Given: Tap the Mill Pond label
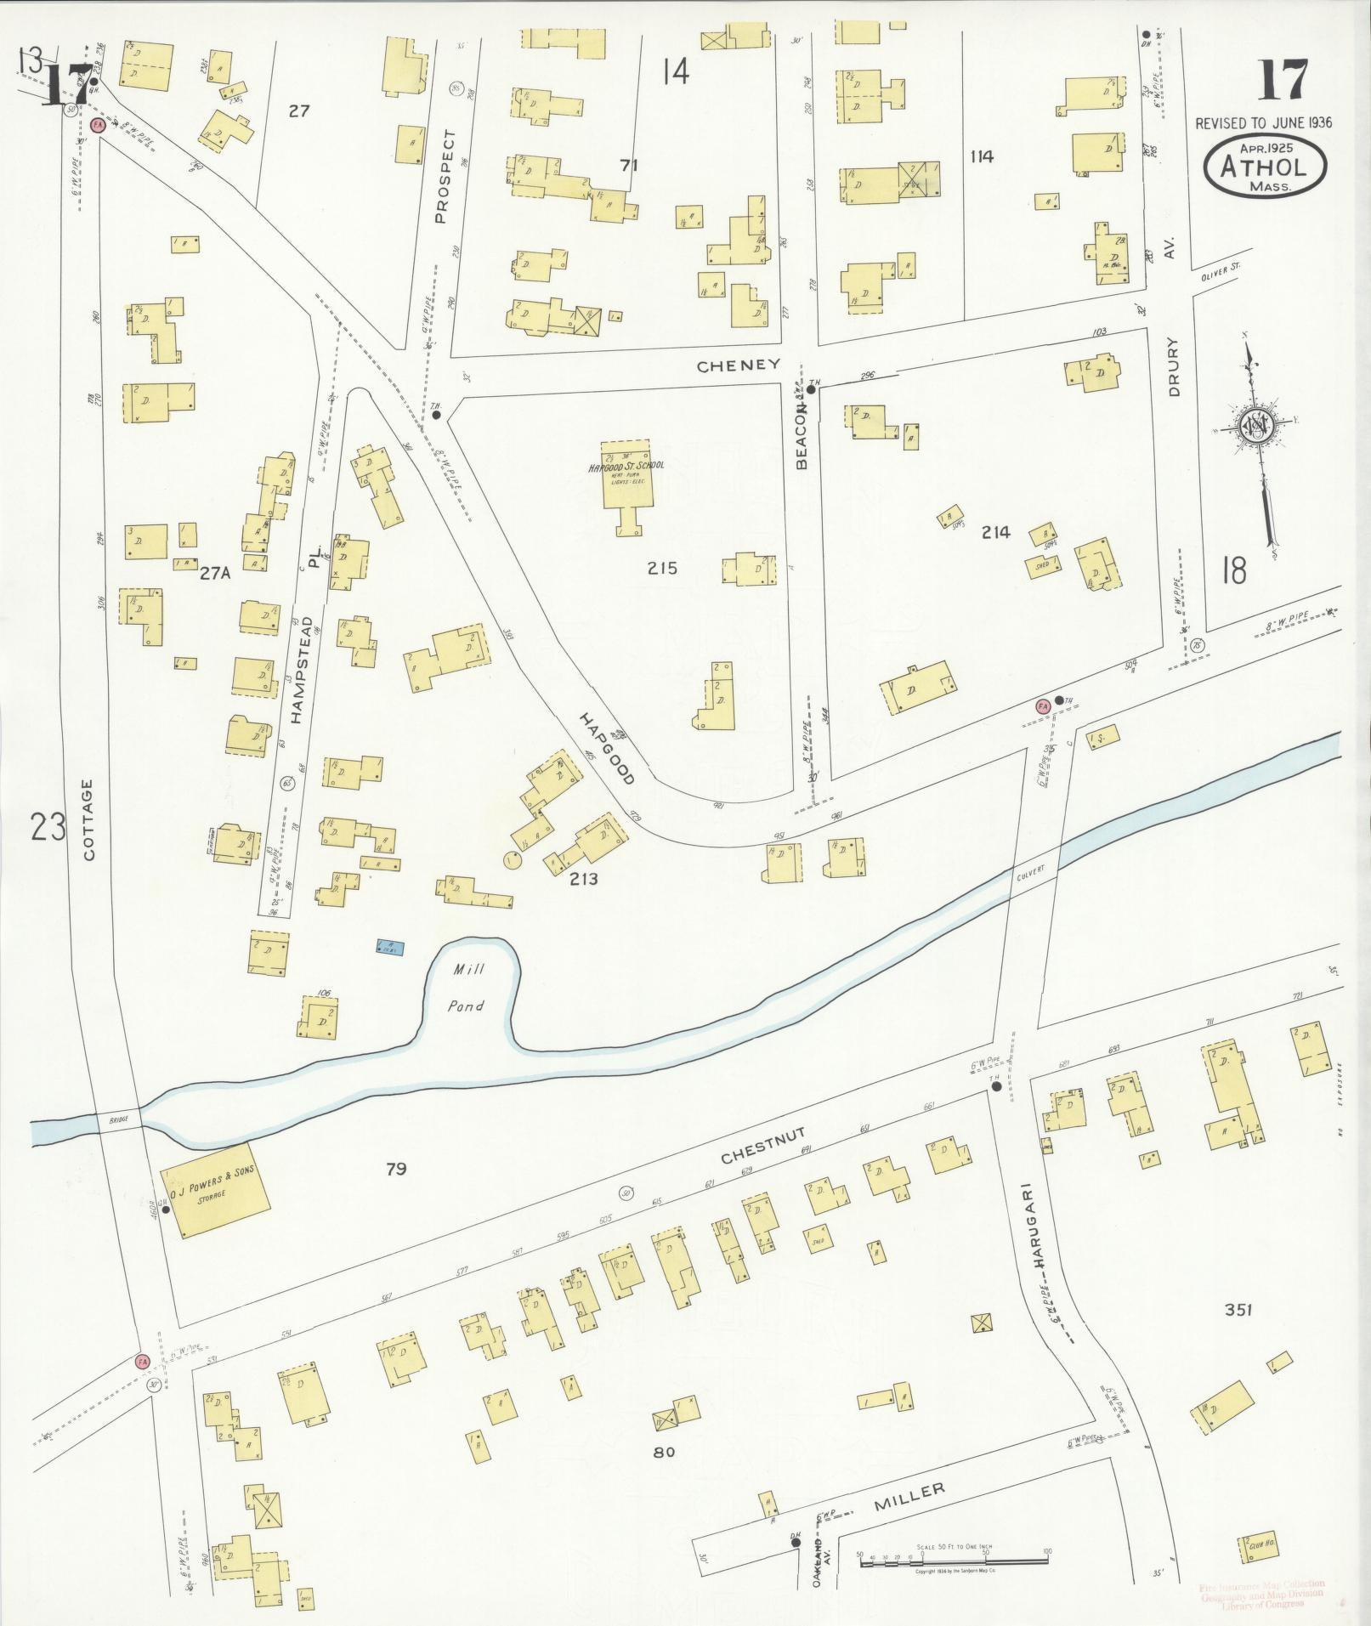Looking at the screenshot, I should pos(467,987).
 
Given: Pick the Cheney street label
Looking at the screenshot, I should pos(738,365).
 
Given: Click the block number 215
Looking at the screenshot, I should pos(662,568).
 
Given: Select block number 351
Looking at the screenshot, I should pos(1238,1310).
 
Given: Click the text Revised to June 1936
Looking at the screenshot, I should pos(1263,122).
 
